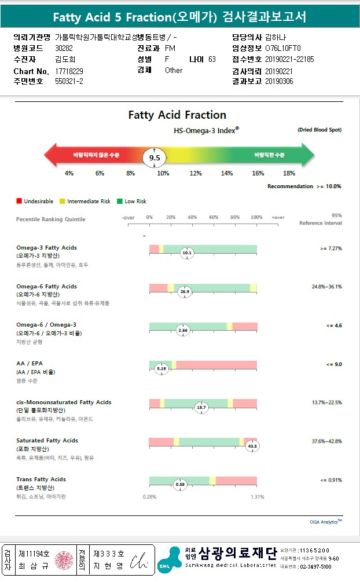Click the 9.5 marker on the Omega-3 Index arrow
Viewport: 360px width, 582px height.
pos(155,157)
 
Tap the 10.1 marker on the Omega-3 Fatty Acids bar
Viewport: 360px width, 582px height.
pos(186,253)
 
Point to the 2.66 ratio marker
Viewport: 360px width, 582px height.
pos(183,330)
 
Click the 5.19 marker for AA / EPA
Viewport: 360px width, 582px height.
pos(161,368)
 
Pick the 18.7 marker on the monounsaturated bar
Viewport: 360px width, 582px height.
pos(201,407)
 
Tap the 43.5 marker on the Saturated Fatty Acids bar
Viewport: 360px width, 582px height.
pos(252,446)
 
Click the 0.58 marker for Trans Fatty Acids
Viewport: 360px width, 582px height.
pos(180,484)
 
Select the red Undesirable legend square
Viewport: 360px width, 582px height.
pos(19,201)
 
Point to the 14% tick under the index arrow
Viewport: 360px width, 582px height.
pos(227,174)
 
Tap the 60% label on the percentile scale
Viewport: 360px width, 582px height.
pos(214,217)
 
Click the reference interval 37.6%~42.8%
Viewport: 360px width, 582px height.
pos(326,441)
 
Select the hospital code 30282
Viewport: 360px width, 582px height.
pos(64,48)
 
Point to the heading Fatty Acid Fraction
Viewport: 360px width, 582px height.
pos(177,115)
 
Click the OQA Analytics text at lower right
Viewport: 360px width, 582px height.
pos(325,522)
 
